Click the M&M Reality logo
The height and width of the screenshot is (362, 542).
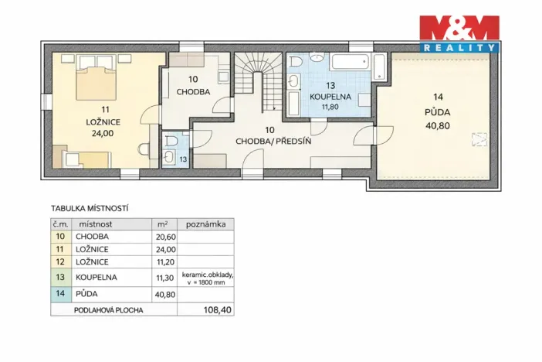tap(459, 34)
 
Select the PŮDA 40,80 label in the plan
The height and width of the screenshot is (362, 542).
tap(438, 112)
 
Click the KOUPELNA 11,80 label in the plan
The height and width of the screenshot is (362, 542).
tap(330, 96)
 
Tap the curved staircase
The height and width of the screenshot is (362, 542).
tap(259, 81)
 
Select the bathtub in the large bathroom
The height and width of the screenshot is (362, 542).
tap(351, 63)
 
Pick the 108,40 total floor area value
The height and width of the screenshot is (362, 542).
tap(217, 309)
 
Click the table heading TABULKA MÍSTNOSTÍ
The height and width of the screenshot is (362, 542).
tap(90, 209)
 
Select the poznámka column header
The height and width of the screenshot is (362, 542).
tap(205, 224)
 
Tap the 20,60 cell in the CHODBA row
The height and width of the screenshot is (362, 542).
tap(165, 237)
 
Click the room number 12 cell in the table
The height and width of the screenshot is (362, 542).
tap(60, 262)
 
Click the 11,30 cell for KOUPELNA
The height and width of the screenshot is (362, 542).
tap(165, 278)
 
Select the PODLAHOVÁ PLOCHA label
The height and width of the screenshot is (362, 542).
tap(109, 310)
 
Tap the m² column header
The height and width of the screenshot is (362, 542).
tap(162, 224)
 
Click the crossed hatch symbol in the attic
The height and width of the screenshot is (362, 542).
tap(479, 139)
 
